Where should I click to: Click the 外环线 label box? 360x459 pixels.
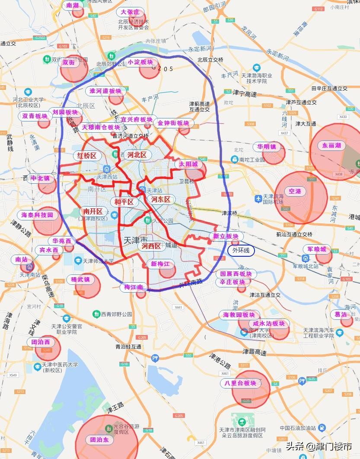[x=241, y=250]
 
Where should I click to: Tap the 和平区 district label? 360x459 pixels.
[x=124, y=202]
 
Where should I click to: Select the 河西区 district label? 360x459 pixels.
[x=151, y=246]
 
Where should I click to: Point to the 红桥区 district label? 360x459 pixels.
[x=87, y=156]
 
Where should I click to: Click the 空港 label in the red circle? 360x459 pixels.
[x=295, y=191]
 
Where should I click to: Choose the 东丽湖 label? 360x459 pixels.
[x=332, y=146]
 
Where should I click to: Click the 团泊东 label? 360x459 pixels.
[x=99, y=440]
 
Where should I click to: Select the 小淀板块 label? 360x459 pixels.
[x=140, y=62]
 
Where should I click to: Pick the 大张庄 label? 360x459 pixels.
[x=130, y=12]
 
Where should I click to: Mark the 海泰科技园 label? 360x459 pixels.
[x=37, y=215]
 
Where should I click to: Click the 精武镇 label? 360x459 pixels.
[x=80, y=280]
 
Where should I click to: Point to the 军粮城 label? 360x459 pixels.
[x=317, y=249]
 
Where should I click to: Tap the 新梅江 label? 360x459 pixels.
[x=160, y=264]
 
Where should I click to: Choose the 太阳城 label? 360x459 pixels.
[x=188, y=164]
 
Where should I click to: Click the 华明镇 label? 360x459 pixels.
[x=267, y=147]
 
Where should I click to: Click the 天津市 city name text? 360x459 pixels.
[x=136, y=240]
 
